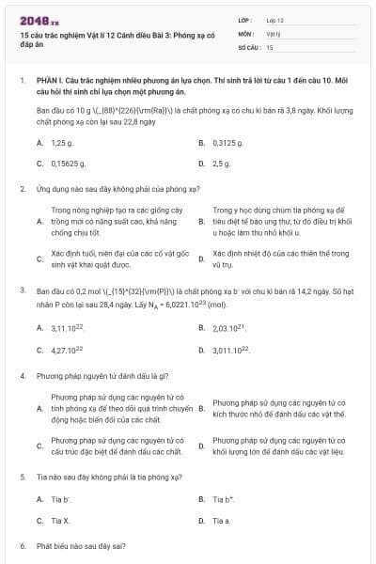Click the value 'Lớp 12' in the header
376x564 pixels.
[x=274, y=20]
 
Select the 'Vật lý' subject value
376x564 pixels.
[x=273, y=33]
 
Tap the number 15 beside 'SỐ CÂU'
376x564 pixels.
[x=270, y=46]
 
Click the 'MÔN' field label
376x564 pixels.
[x=245, y=33]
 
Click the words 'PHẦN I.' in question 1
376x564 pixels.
[x=50, y=82]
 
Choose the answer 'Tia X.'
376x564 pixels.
[x=60, y=520]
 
